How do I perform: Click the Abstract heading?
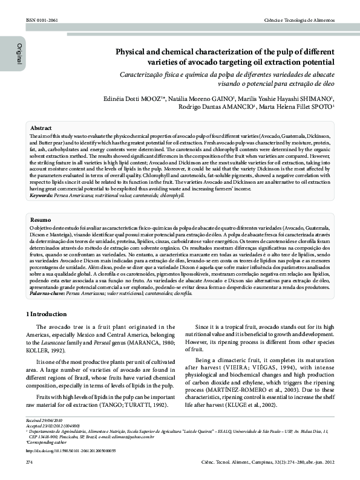coord(41,129)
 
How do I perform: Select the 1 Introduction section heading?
coord(48,314)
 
